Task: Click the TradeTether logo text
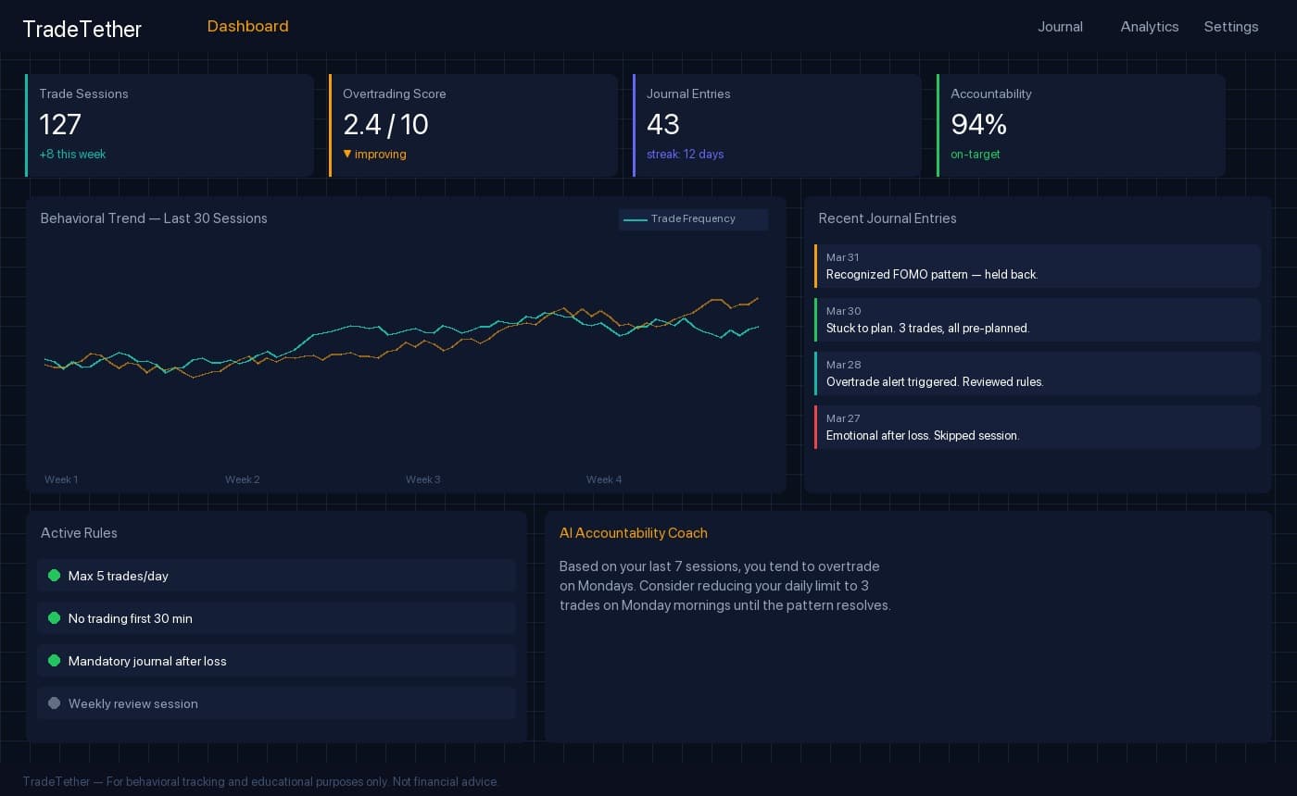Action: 82,29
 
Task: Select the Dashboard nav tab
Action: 247,26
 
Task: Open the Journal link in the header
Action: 1060,27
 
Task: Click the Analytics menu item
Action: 1149,27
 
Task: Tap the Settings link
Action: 1230,27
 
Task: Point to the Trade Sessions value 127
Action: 60,124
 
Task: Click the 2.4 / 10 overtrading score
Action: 385,124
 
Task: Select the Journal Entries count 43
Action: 663,124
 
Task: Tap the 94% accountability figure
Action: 978,124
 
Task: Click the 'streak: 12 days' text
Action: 685,155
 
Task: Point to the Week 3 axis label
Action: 422,479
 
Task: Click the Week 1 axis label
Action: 61,479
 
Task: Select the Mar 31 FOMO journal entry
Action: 1038,267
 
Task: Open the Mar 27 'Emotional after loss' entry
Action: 1038,428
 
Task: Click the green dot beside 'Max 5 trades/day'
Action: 54,576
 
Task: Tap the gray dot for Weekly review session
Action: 54,703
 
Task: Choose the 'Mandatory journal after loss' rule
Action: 147,661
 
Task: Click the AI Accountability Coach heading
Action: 633,533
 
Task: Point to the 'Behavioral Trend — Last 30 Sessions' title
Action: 154,218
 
